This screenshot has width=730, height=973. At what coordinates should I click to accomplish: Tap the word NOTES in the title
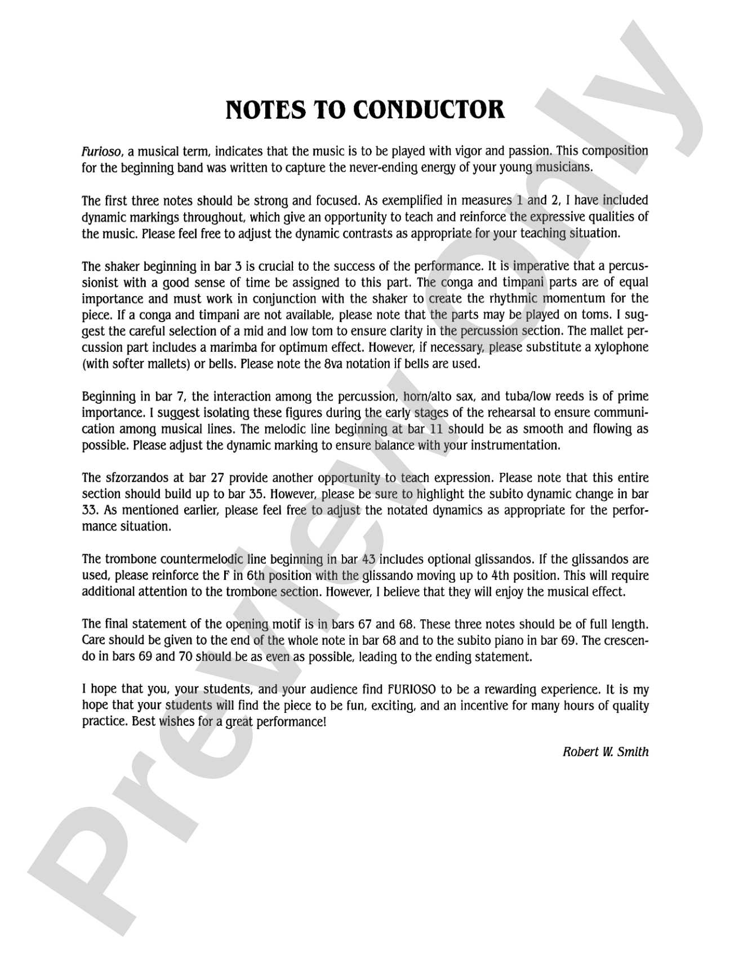coord(261,110)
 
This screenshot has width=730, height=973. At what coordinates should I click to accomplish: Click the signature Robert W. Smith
coord(606,751)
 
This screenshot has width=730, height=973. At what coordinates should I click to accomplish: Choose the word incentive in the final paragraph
coord(468,706)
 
